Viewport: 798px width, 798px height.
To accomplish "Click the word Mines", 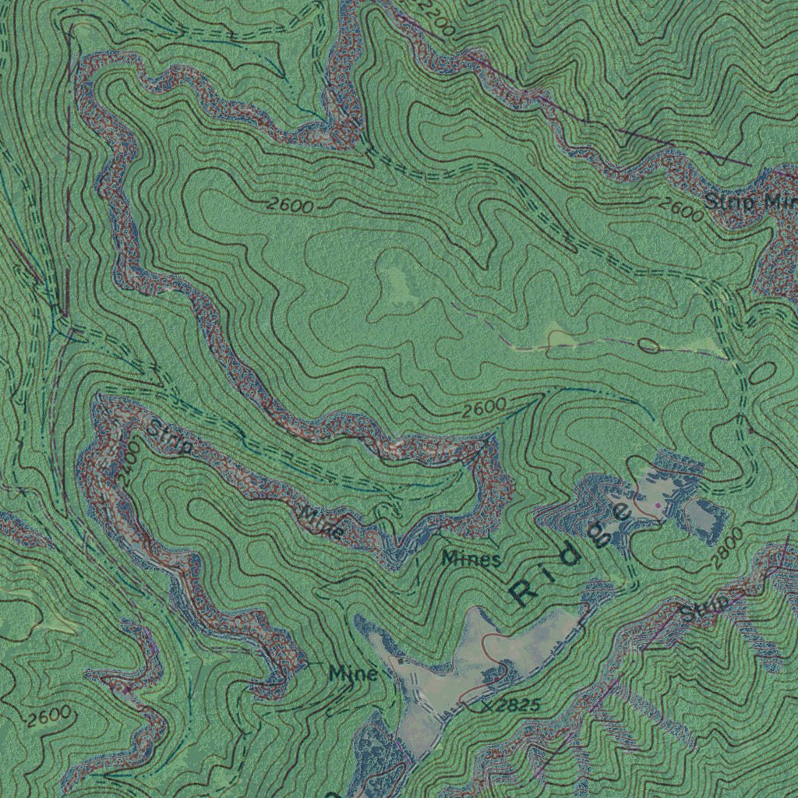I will [471, 558].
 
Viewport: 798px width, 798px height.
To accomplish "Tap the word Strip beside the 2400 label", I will [169, 439].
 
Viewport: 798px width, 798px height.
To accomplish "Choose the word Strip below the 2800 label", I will [705, 607].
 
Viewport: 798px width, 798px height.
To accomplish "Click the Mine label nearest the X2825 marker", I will [353, 673].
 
